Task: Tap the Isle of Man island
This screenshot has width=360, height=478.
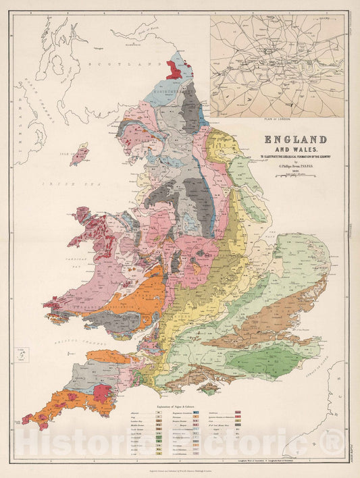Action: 79,154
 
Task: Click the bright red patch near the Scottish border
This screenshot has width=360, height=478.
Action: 174,67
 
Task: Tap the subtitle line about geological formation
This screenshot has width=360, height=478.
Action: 290,157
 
